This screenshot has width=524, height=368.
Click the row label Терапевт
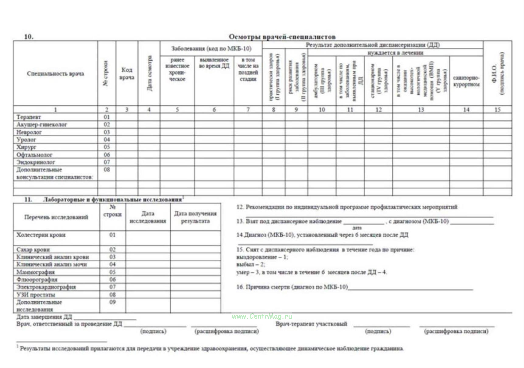click(x=29, y=117)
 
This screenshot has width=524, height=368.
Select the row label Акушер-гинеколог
click(x=42, y=125)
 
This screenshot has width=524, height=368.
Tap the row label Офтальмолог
click(x=34, y=155)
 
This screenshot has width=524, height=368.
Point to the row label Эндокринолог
click(x=36, y=162)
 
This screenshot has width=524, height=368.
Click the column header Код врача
click(x=127, y=74)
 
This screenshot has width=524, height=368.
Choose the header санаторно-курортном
click(x=466, y=81)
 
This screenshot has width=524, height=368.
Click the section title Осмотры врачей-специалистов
click(x=282, y=37)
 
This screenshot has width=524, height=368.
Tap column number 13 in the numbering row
click(x=421, y=109)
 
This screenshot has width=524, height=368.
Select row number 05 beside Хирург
click(x=107, y=147)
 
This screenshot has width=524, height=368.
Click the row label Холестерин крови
click(x=41, y=235)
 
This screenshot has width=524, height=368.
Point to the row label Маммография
click(x=36, y=272)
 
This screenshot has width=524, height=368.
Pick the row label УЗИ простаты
click(x=36, y=295)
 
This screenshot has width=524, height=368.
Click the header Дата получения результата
click(x=196, y=217)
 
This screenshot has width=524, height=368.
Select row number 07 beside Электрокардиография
click(x=113, y=287)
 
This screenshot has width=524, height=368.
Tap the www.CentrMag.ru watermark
click(x=262, y=316)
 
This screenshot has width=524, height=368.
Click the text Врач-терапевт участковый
click(x=311, y=324)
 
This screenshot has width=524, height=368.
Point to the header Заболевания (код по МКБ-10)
click(x=211, y=49)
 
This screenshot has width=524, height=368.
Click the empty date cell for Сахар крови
click(x=148, y=250)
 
